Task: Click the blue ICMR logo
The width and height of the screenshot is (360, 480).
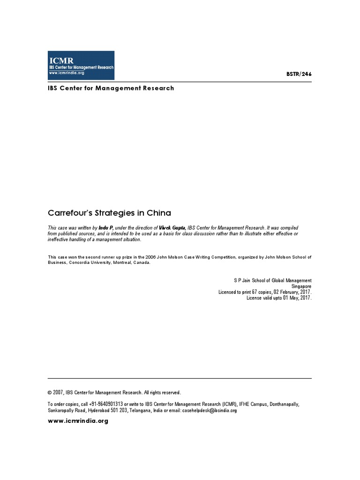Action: point(81,66)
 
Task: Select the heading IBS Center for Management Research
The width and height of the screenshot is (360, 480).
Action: point(111,88)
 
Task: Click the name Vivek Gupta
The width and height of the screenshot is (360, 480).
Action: point(172,227)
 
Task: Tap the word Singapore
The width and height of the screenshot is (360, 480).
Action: point(301,286)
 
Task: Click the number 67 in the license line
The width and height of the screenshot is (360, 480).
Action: point(248,292)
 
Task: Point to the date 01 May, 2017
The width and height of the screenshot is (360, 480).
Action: point(293,298)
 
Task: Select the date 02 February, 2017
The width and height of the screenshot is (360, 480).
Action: point(290,292)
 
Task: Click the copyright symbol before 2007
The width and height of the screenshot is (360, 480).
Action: point(50,393)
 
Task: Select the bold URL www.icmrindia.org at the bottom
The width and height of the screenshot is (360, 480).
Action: point(78,421)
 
